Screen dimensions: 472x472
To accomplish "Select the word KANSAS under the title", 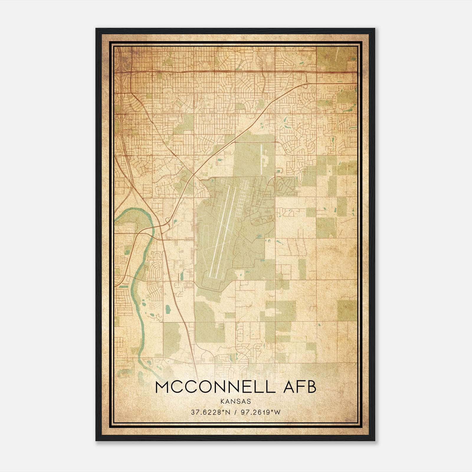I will tap(235, 401).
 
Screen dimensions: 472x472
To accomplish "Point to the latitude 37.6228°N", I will tap(210, 412).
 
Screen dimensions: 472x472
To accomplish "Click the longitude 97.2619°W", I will tap(261, 412).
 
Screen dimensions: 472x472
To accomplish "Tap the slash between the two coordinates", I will tap(235, 412).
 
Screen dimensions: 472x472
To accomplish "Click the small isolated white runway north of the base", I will tap(261, 159).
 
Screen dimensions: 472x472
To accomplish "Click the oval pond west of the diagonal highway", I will tap(168, 309).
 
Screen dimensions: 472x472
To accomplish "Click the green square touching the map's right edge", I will tap(347, 310).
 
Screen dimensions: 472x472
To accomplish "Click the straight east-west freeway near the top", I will tap(236, 71).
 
